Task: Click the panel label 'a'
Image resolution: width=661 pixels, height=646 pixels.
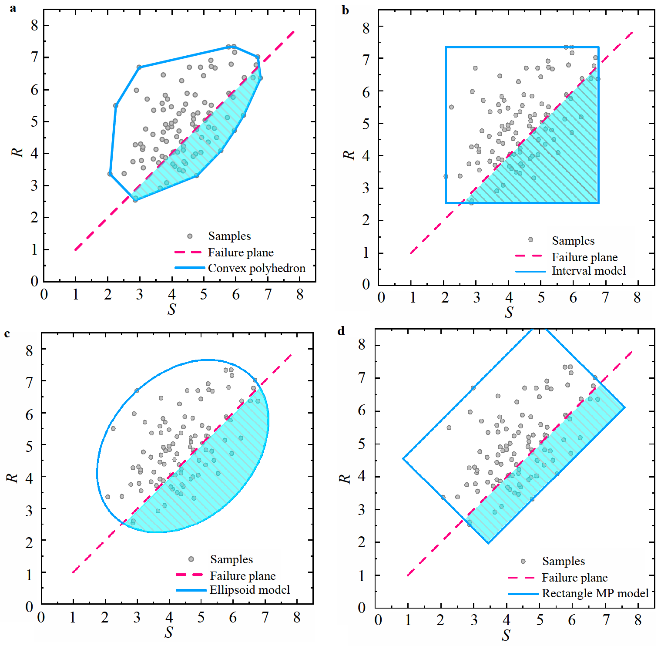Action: (x=13, y=8)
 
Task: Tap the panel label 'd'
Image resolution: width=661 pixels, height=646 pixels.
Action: (x=341, y=331)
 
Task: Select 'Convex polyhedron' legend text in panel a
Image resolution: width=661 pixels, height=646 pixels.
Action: (x=256, y=268)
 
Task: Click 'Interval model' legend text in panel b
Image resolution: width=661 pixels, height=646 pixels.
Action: (x=588, y=271)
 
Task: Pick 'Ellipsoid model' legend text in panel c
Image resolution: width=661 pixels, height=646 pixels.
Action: (x=249, y=590)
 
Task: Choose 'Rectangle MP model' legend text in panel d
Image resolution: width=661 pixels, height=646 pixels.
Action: (x=595, y=593)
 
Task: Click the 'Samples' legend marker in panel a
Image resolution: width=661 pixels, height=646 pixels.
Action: (x=190, y=236)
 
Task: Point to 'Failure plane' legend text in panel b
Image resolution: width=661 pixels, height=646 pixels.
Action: (x=584, y=257)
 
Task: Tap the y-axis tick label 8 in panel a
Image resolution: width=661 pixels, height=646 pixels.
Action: (x=34, y=25)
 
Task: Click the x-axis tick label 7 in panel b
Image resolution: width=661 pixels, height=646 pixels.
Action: (x=605, y=298)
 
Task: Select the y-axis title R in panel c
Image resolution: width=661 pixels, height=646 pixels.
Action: (x=12, y=477)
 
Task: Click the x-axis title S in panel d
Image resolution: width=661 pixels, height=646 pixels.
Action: (x=506, y=635)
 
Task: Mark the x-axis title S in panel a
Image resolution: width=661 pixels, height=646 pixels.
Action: (x=171, y=309)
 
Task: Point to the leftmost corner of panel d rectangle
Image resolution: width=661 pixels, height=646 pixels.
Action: (x=403, y=458)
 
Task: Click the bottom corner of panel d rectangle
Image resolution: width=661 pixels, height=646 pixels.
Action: (x=488, y=543)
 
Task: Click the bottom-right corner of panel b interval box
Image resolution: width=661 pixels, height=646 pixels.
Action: (x=598, y=202)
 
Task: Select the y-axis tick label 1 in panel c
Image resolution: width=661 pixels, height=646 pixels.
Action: (x=29, y=575)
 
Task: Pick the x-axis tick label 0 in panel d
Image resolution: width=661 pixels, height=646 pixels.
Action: (x=378, y=620)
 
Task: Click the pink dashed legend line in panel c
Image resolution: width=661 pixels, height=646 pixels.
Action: (x=190, y=575)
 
